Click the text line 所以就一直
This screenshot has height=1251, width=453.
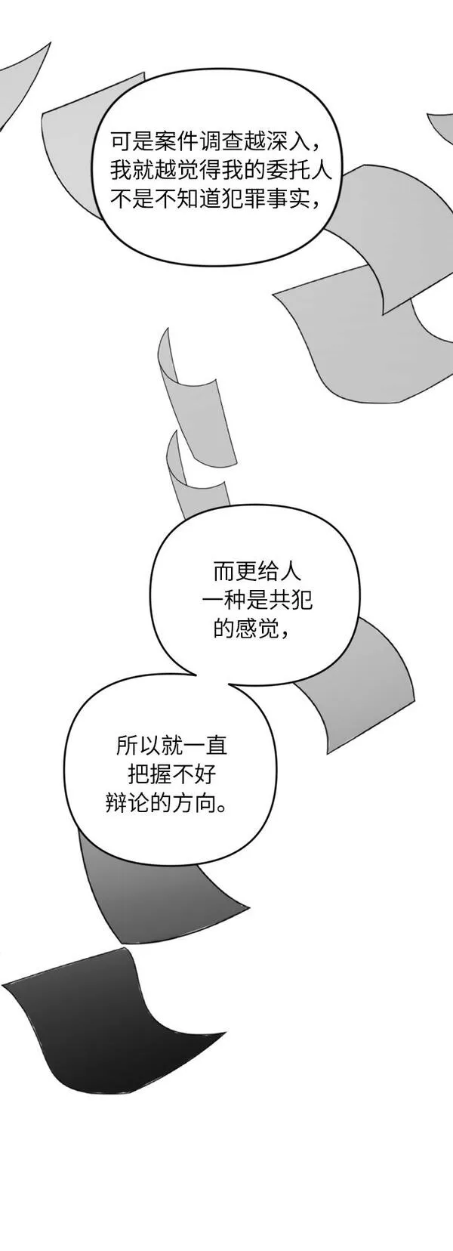(171, 746)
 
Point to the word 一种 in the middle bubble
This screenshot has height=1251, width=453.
(224, 601)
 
